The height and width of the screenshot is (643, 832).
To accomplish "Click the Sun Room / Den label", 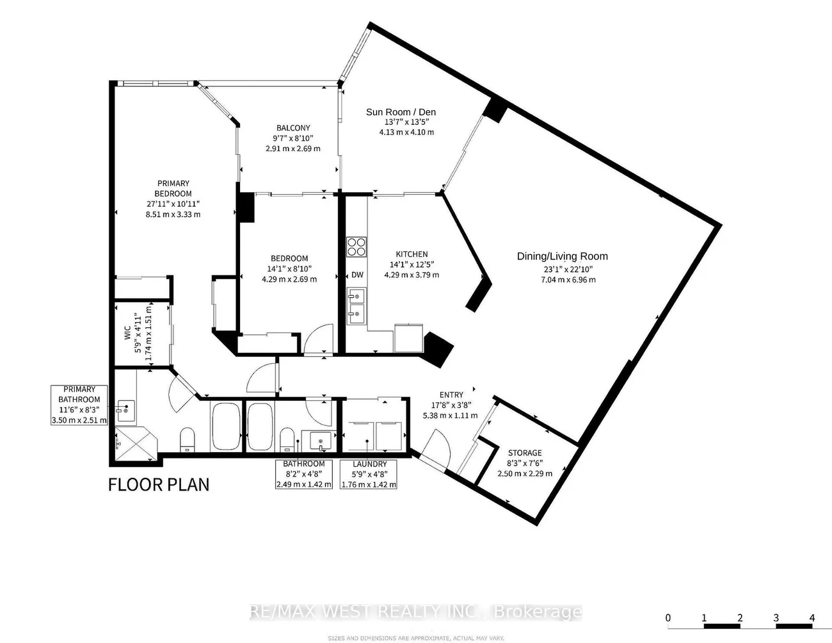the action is [401, 112].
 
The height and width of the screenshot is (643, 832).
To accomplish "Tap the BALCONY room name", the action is [293, 128].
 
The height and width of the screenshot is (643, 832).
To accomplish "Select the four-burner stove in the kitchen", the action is [356, 247].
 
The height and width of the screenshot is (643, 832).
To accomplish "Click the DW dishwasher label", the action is [357, 275].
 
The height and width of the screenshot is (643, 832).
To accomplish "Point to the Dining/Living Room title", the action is [563, 256].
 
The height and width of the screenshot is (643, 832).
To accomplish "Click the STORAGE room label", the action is [525, 453].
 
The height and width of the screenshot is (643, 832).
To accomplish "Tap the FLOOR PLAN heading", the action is [159, 485].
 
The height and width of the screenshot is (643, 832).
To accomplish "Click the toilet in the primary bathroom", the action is [188, 440].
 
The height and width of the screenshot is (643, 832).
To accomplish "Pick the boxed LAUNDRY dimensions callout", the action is [369, 474].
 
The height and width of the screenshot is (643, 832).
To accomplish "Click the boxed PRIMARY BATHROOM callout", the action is [79, 405].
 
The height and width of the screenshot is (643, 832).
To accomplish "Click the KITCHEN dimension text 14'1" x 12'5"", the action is [412, 265].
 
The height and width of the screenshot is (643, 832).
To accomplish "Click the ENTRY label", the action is [451, 395].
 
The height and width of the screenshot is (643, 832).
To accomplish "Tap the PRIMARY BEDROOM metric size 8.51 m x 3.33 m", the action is [173, 215].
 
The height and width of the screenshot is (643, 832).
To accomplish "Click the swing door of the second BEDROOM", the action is [319, 339].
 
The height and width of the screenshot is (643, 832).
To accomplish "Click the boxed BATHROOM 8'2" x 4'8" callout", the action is [304, 474].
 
